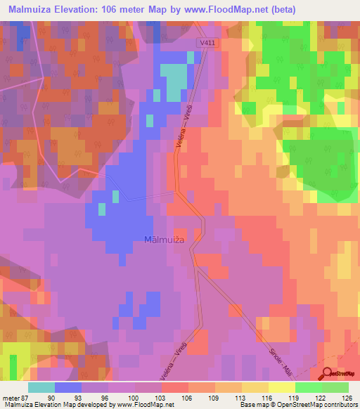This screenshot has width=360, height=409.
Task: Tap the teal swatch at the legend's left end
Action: (x=41, y=388)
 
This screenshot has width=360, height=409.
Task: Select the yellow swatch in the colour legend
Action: (x=281, y=388)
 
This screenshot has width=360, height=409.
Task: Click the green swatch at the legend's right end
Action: (x=335, y=388)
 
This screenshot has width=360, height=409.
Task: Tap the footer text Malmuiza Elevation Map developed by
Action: (x=56, y=404)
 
